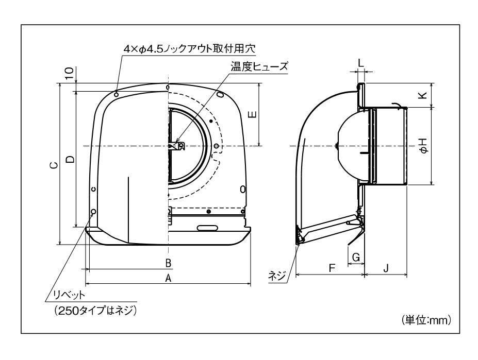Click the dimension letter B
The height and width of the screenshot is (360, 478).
pyautogui.click(x=168, y=263)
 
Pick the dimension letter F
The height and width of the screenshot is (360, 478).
pyautogui.click(x=332, y=268)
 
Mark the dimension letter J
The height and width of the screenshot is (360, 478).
pyautogui.click(x=386, y=268)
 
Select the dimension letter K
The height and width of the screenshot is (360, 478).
pyautogui.click(x=422, y=95)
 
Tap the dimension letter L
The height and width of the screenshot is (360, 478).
pyautogui.click(x=361, y=62)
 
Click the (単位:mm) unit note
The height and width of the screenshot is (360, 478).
pyautogui.click(x=426, y=320)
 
